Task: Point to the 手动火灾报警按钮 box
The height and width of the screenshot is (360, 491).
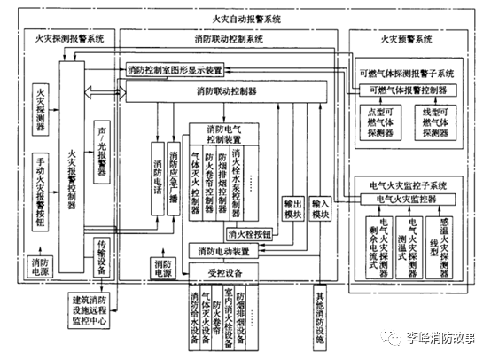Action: click(42, 182)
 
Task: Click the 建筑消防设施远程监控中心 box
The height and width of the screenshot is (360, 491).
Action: click(100, 309)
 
